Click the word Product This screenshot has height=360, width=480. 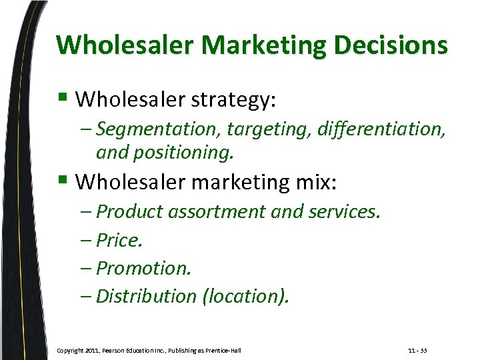click(x=130, y=211)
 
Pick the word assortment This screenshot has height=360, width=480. click(x=217, y=211)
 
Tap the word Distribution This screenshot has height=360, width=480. click(x=147, y=295)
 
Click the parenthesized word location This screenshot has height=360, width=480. click(x=246, y=295)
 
